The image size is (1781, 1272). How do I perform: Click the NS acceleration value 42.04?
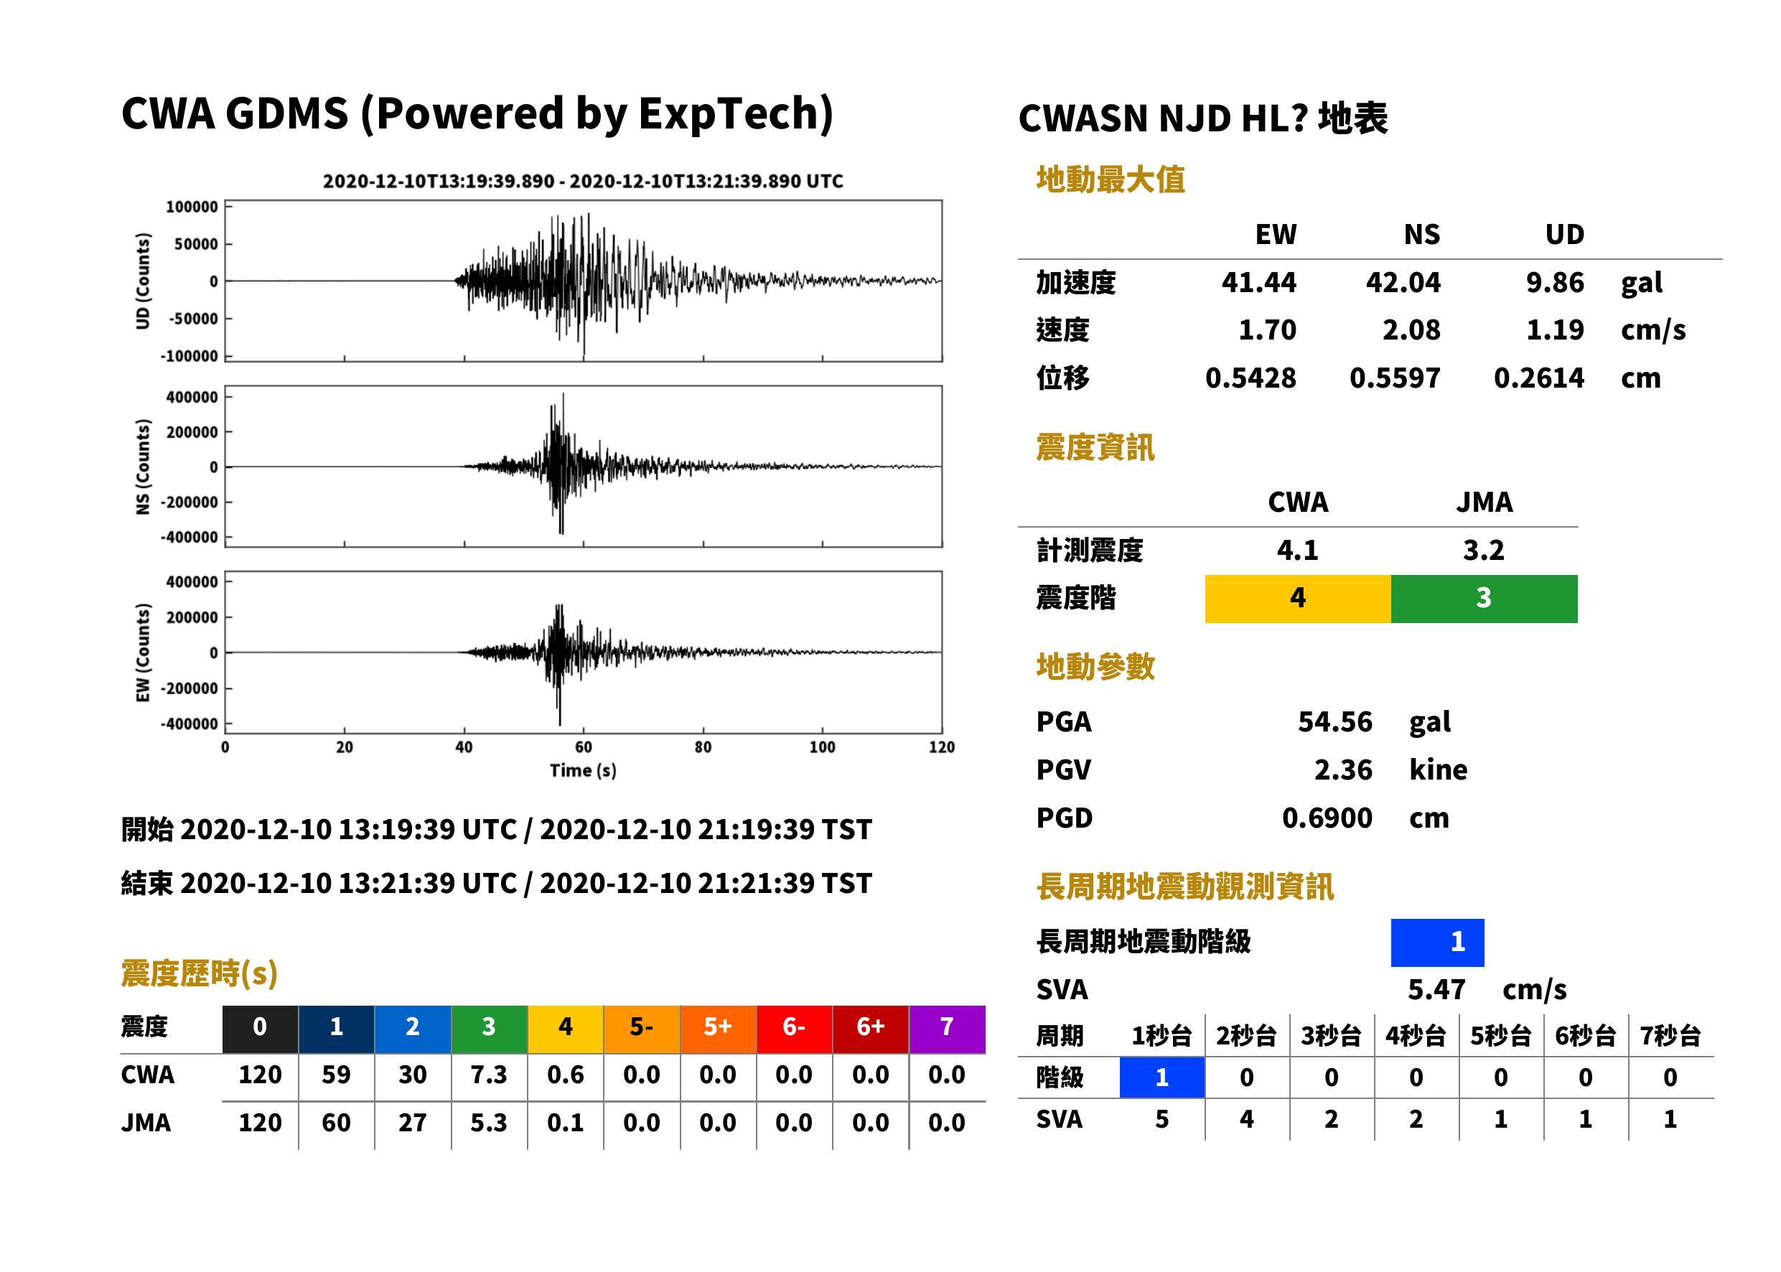1403,283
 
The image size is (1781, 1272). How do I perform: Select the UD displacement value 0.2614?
1539,378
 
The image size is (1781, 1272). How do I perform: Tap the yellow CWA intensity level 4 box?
1298,599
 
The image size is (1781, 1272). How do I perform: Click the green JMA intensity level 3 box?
1485,599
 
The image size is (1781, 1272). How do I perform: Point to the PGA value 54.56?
1335,721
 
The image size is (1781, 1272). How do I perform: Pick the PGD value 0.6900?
1327,818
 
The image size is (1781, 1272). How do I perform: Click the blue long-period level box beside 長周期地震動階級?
1437,943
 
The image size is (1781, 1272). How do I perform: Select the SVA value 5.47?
1436,990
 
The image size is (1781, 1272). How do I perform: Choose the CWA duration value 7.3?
489,1075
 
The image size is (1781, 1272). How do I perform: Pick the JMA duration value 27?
413,1123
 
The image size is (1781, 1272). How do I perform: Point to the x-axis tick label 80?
703,747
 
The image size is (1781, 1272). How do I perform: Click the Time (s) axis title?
583,771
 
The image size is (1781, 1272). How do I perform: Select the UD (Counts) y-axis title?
143,281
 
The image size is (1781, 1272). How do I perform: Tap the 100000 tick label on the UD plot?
192,207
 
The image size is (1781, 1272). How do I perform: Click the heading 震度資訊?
1095,448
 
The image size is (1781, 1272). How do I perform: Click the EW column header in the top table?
1276,235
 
